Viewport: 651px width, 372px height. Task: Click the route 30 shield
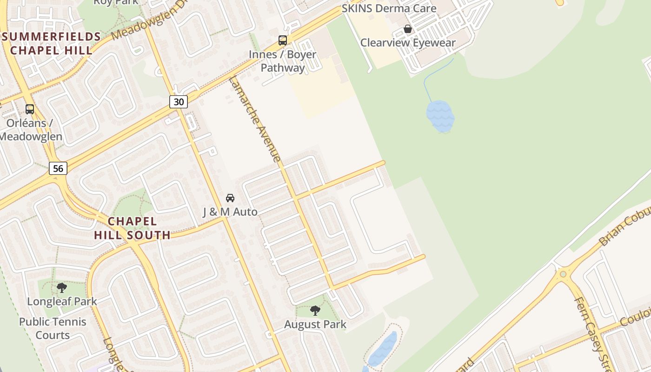(x=179, y=101)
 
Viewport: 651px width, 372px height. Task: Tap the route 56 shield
(x=58, y=168)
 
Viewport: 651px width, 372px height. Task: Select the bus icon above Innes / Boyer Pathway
(x=283, y=40)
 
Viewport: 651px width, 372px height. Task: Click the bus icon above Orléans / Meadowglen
(x=30, y=109)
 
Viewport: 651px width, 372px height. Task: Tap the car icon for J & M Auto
(x=230, y=198)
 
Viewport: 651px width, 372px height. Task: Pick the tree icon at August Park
(x=315, y=310)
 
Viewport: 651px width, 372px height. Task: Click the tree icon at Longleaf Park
(x=62, y=288)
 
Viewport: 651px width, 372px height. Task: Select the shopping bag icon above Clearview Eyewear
(x=408, y=29)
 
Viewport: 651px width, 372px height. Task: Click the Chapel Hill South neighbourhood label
(x=133, y=228)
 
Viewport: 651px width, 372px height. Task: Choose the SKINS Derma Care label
(x=389, y=8)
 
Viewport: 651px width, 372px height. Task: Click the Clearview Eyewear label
(x=408, y=43)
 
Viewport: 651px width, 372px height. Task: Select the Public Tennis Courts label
(x=53, y=328)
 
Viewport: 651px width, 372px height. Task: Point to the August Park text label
(x=315, y=324)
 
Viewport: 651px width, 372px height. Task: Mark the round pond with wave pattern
(x=439, y=116)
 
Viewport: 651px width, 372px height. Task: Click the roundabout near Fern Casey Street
(x=563, y=274)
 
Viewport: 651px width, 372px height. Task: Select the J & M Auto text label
(x=230, y=212)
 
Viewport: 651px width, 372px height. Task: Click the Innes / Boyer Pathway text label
(x=283, y=61)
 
